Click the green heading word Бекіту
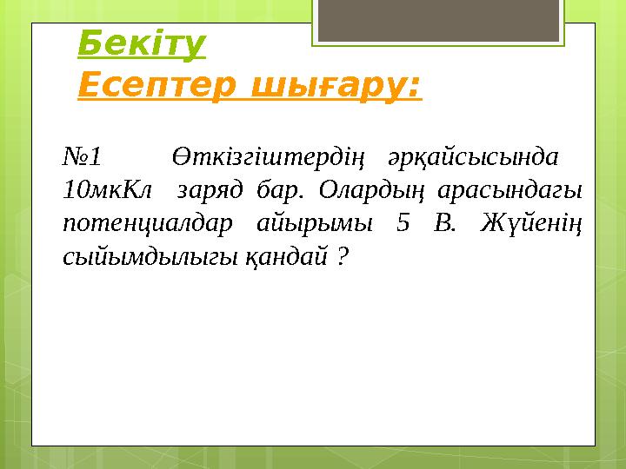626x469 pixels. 142,43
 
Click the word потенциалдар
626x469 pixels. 149,222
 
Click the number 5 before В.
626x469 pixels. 402,222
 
